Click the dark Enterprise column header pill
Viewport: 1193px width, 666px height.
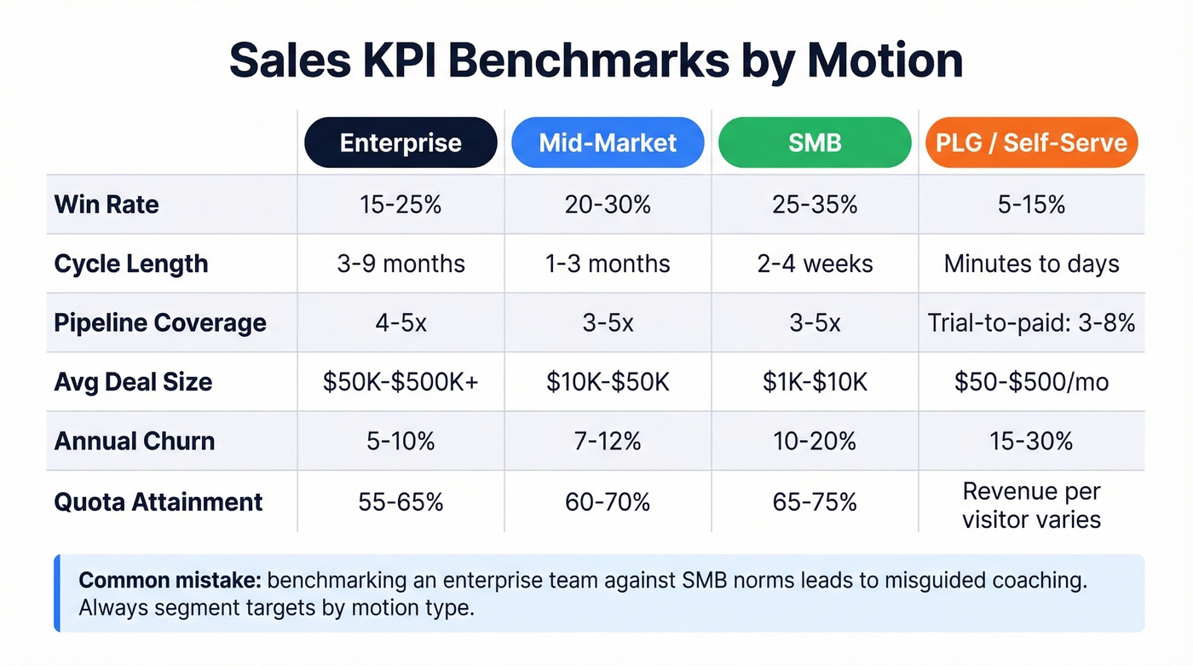coord(401,142)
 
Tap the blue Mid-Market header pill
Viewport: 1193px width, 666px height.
coord(608,142)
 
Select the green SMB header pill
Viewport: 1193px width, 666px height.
coord(815,142)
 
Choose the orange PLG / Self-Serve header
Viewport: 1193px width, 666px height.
coord(1031,142)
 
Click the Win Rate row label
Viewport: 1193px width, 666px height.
coord(107,205)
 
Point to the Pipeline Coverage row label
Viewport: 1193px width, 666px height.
coord(160,323)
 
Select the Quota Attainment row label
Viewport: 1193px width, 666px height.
coord(158,502)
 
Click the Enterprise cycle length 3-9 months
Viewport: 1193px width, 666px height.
coord(401,264)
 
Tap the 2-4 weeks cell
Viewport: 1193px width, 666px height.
coord(815,264)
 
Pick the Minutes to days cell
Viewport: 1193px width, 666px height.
coord(1031,264)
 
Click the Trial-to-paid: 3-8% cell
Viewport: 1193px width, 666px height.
coord(1031,323)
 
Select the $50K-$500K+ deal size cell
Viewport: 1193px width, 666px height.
coord(401,382)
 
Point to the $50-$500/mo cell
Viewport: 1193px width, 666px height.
coord(1031,382)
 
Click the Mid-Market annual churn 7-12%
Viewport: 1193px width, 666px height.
coord(608,442)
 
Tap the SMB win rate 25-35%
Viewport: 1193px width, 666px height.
coord(815,205)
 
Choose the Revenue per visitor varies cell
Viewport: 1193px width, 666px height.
coord(1031,505)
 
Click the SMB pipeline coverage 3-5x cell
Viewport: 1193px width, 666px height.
coord(815,323)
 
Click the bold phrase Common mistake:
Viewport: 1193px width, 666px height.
coord(170,581)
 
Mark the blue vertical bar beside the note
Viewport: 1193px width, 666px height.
coord(57,594)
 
